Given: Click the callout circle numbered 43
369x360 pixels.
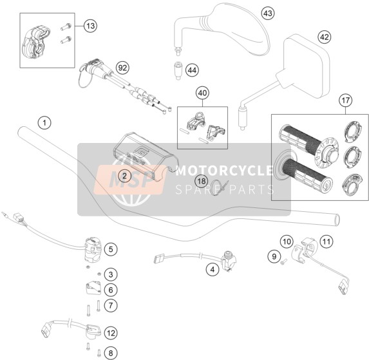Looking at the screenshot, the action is (268, 14).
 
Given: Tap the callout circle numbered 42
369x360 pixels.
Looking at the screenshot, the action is (325, 37).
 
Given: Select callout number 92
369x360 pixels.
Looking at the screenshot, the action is (122, 68).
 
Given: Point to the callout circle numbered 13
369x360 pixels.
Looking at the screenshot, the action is (91, 26).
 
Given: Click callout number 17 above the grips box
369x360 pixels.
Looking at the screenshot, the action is (345, 100).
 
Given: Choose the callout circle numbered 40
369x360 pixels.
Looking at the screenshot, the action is (203, 93).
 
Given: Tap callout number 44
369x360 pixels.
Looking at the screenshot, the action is (192, 70).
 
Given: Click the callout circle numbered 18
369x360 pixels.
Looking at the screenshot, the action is (202, 181).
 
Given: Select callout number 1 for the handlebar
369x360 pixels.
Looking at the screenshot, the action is (44, 122).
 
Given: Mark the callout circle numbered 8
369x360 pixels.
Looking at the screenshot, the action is (111, 353).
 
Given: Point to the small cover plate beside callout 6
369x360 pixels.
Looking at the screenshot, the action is (93, 289).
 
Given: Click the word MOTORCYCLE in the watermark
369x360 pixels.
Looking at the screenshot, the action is (225, 170).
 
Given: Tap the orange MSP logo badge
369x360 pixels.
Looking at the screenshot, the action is (129, 180).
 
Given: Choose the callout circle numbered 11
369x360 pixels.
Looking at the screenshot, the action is (326, 242).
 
